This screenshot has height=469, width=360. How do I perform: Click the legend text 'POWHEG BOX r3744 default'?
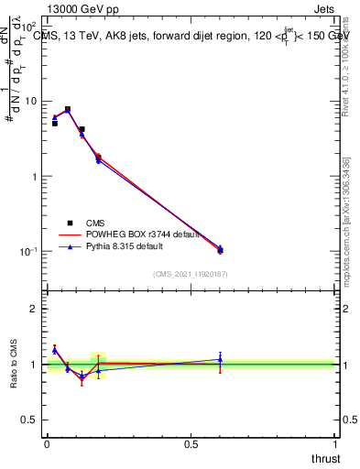pyautogui.click(x=139, y=234)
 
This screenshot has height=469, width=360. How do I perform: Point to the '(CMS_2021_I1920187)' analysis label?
pyautogui.click(x=191, y=273)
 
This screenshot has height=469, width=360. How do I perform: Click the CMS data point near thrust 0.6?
pyautogui.click(x=220, y=250)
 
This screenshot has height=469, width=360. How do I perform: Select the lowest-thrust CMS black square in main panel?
pyautogui.click(x=55, y=123)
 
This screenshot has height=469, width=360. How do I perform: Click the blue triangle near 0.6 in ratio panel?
pyautogui.click(x=220, y=359)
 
